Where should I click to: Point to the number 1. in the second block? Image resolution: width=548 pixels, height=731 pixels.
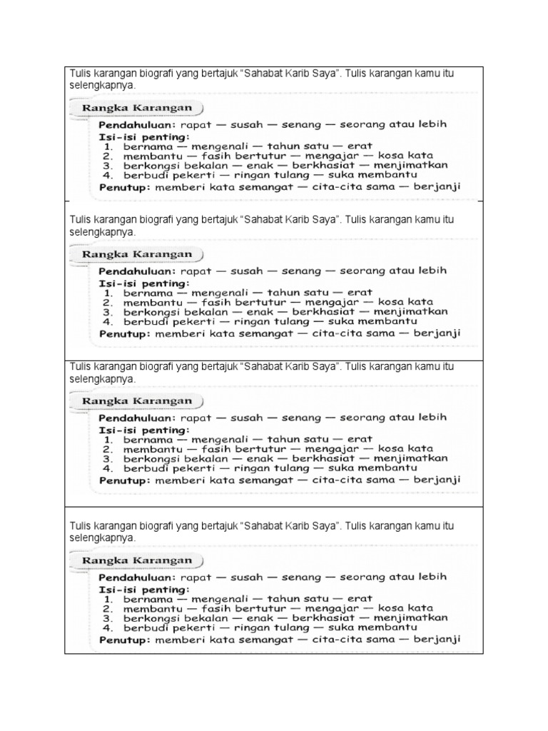(107, 292)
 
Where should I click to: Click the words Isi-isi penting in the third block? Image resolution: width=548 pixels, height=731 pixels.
(143, 430)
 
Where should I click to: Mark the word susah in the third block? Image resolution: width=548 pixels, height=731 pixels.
(243, 418)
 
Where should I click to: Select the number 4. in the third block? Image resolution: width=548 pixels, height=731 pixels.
(107, 469)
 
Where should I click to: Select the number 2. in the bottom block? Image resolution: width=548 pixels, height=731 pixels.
(107, 608)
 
